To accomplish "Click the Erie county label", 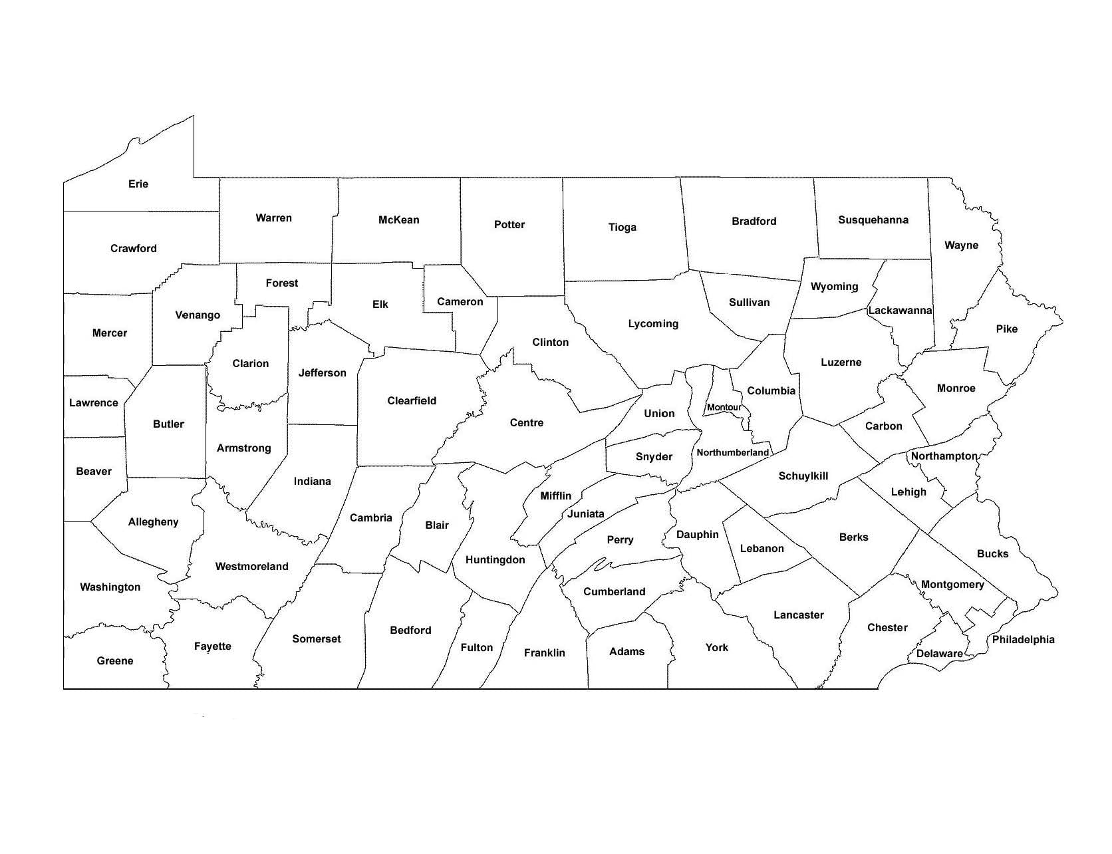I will (138, 184).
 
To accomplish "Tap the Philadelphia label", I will (1023, 640).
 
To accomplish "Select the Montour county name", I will (724, 407).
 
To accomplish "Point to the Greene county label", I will (115, 661).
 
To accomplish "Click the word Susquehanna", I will (873, 220).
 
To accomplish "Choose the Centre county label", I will (526, 423).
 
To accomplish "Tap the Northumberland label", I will (732, 453).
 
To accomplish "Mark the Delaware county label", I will (939, 654).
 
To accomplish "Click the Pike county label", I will (1006, 329).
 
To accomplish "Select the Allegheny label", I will (153, 522).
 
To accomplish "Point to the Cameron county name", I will (460, 302).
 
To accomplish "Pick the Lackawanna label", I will (900, 311).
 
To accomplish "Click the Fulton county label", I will (476, 648).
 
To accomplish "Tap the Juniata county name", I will (585, 514).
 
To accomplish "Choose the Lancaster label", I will (798, 615).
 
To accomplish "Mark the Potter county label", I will (509, 225).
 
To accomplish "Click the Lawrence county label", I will (94, 403).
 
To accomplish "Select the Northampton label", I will (944, 456).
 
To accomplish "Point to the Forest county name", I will (281, 283).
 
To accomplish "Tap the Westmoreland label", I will (251, 567).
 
